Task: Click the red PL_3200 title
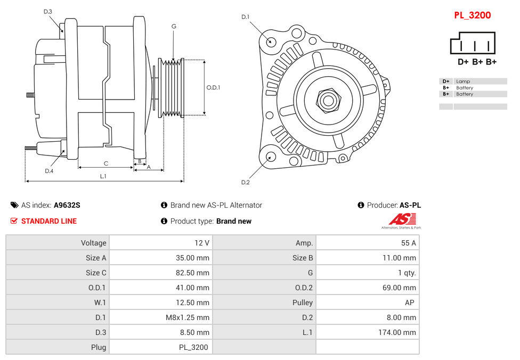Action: pos(472,15)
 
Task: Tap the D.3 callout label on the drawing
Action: pos(48,11)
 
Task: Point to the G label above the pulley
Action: pos(174,26)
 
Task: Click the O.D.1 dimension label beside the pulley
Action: pos(213,87)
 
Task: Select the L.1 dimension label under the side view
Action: pos(103,176)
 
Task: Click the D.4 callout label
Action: pos(49,171)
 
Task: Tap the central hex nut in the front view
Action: pos(328,100)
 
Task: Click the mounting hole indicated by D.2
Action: pos(271,157)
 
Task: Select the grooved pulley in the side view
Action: pos(172,87)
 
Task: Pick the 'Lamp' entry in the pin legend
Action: pos(463,81)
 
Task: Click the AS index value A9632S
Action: pos(67,205)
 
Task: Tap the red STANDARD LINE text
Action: pos(49,221)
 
